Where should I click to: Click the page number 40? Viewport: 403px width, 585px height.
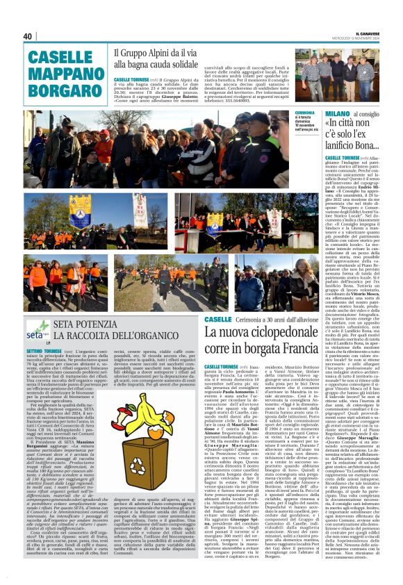pyautogui.click(x=28, y=36)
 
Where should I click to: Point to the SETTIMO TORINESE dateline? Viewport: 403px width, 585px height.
pyautogui.click(x=44, y=352)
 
